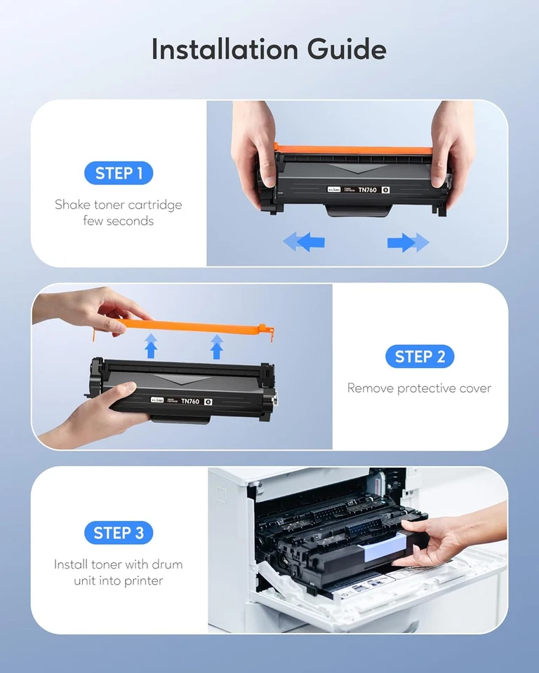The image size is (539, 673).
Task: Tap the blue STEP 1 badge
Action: (119, 173)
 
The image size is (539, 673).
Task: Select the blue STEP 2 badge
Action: (420, 356)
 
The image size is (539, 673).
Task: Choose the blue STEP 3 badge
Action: (119, 533)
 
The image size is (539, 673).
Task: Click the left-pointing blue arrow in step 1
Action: (304, 243)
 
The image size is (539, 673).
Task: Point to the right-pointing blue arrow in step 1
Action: (408, 243)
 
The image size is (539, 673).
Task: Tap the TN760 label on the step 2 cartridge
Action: (190, 401)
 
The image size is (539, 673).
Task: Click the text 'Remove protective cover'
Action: (420, 388)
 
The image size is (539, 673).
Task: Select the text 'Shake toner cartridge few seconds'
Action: (119, 212)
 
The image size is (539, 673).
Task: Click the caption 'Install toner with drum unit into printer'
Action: (119, 572)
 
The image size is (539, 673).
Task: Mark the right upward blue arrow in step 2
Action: (217, 346)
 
